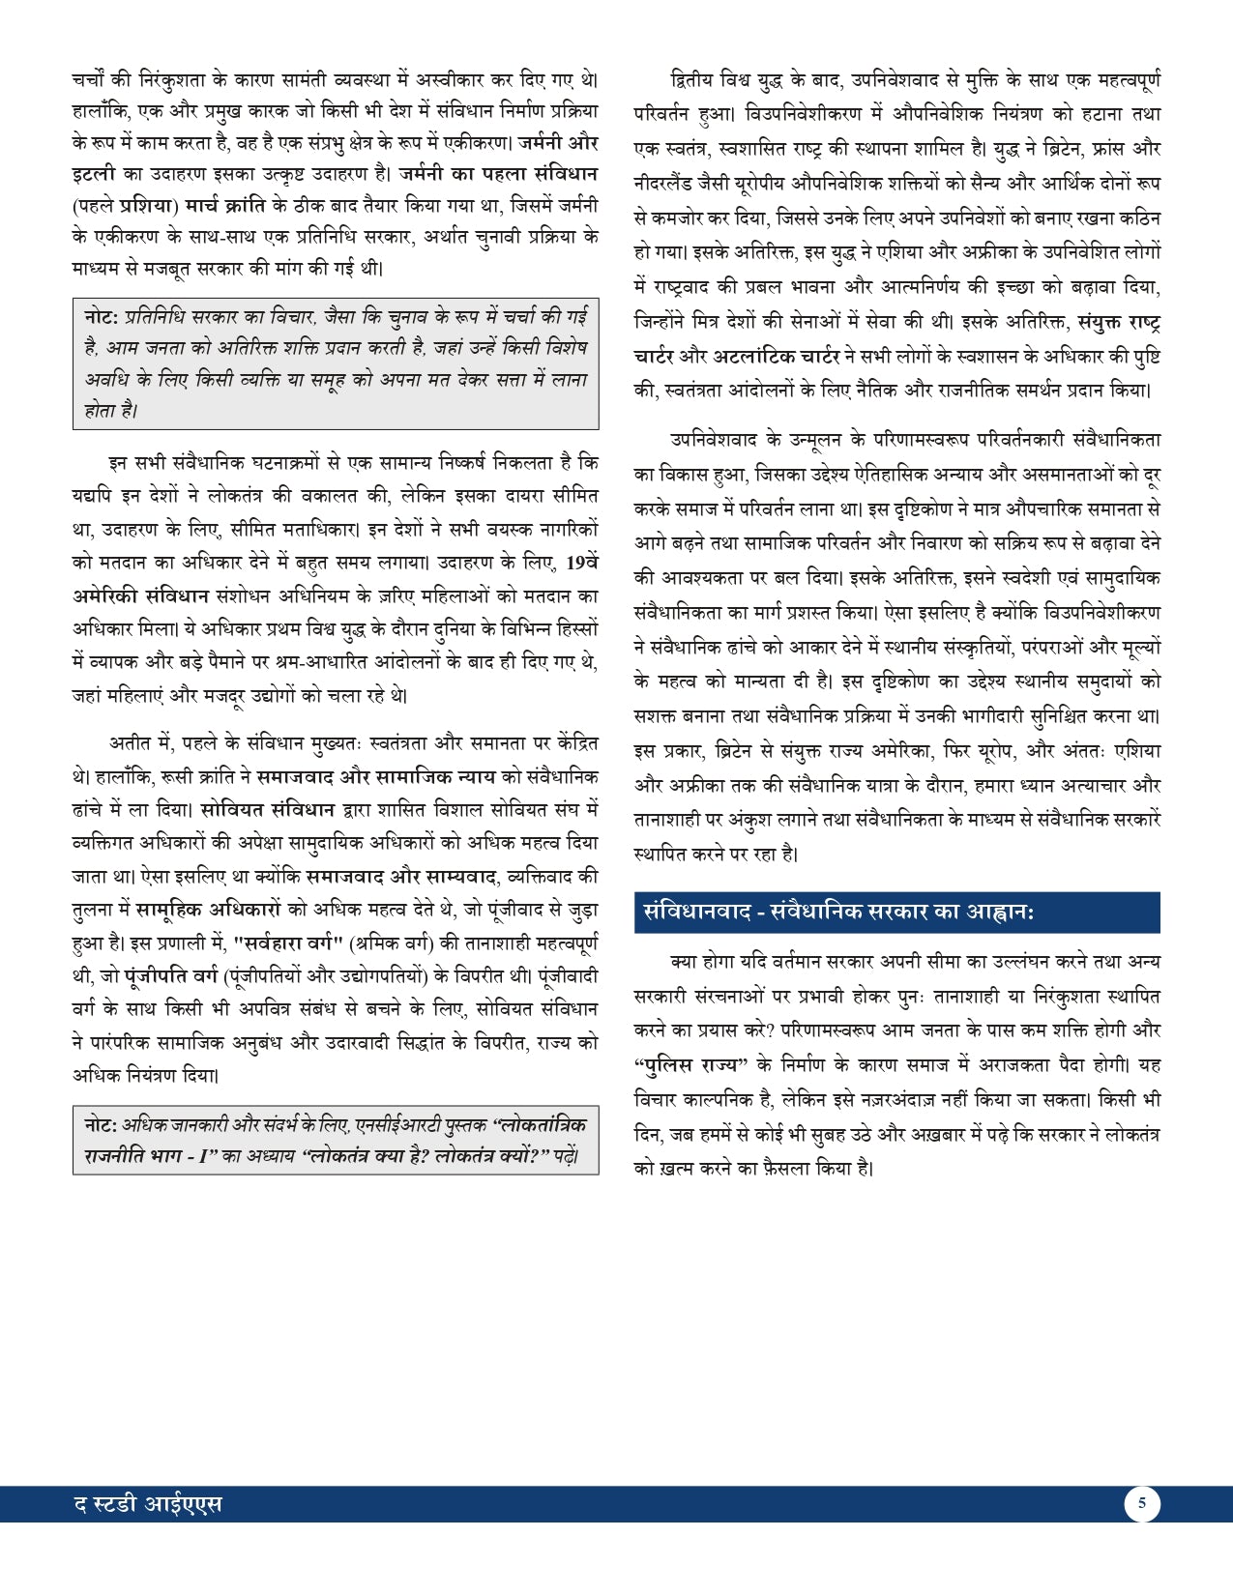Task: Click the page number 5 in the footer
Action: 1142,1503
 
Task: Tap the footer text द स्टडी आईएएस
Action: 148,1504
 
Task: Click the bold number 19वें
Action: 581,562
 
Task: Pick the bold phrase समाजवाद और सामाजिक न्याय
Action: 376,775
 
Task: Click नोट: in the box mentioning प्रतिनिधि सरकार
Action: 102,316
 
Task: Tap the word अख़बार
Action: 947,1133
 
